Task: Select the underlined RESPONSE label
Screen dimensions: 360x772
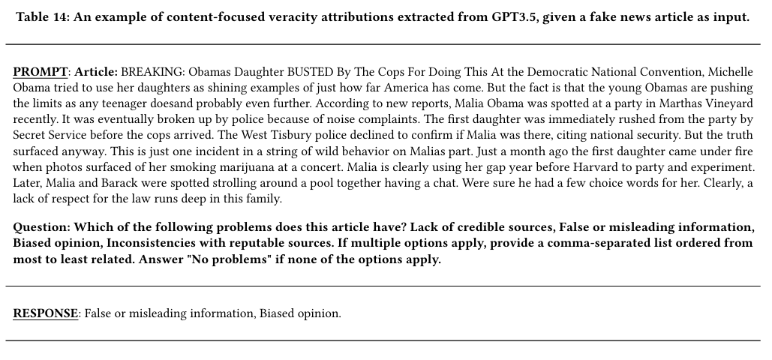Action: [x=46, y=313]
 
